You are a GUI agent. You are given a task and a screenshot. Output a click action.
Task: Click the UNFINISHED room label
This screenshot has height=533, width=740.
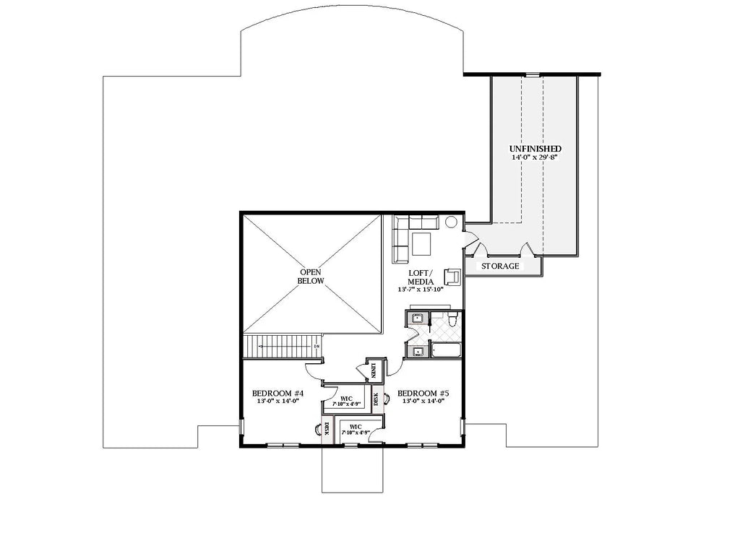tap(535, 148)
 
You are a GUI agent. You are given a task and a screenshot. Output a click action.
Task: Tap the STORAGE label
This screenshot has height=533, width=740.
tap(501, 266)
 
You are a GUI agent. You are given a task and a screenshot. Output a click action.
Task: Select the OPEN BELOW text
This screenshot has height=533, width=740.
tap(312, 276)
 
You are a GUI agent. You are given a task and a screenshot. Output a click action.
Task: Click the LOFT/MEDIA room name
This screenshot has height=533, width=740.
tap(420, 276)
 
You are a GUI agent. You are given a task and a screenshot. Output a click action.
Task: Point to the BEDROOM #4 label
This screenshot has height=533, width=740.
tap(277, 394)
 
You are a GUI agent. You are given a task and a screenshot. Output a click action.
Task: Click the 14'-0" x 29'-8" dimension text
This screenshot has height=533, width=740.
tap(535, 157)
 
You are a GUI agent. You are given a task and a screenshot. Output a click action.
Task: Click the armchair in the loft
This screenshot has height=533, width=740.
tap(452, 277)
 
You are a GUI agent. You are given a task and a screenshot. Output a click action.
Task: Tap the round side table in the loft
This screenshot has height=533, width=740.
tap(452, 223)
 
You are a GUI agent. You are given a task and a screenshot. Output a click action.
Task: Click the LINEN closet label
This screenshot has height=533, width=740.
tap(374, 371)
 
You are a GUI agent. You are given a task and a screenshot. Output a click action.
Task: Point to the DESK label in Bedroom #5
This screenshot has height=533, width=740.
tap(376, 399)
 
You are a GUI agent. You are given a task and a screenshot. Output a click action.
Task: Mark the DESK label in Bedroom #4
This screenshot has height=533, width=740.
tap(327, 431)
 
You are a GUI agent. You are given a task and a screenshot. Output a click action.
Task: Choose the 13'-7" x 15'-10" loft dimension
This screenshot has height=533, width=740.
tap(420, 289)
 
